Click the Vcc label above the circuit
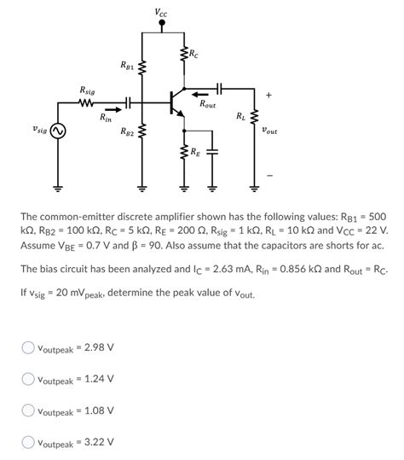tap(161, 11)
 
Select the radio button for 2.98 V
tap(28, 347)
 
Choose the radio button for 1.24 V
tap(28, 379)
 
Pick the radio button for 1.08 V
tap(28, 411)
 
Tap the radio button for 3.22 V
tap(28, 442)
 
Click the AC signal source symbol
tap(59, 131)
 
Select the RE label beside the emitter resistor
tap(196, 153)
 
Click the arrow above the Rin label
tap(111, 108)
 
